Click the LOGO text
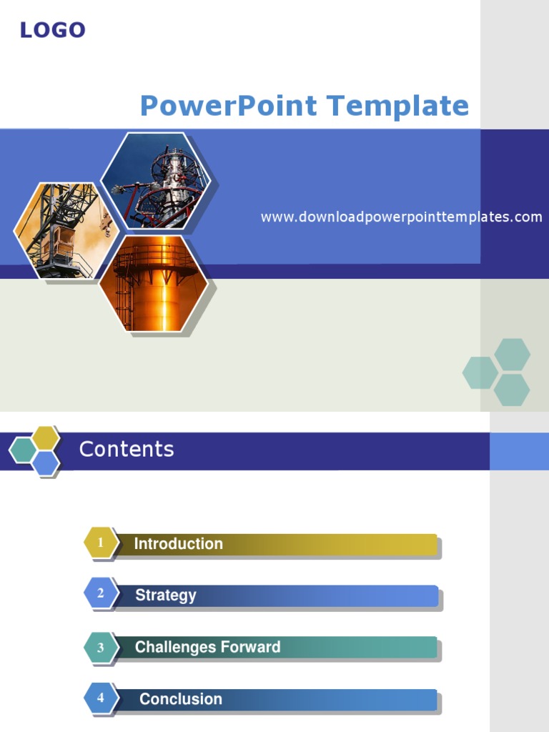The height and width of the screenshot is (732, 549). [x=52, y=30]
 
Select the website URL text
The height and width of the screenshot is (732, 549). [x=401, y=217]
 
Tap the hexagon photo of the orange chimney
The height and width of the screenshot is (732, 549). [x=154, y=284]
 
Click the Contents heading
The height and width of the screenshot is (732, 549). [x=127, y=449]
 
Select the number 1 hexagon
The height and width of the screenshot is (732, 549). [x=101, y=543]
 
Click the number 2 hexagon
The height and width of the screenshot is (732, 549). [x=101, y=593]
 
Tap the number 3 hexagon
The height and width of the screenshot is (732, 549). [x=101, y=648]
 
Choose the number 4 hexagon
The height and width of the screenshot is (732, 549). [x=101, y=698]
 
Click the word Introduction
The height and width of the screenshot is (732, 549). [x=179, y=544]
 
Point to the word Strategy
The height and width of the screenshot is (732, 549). [x=166, y=595]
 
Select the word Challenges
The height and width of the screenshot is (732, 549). [x=176, y=648]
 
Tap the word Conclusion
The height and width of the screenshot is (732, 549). [x=181, y=699]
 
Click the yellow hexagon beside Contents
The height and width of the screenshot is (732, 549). [x=46, y=437]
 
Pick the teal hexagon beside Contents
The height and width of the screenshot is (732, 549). [x=22, y=450]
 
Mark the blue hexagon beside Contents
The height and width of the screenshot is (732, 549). [x=46, y=463]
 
